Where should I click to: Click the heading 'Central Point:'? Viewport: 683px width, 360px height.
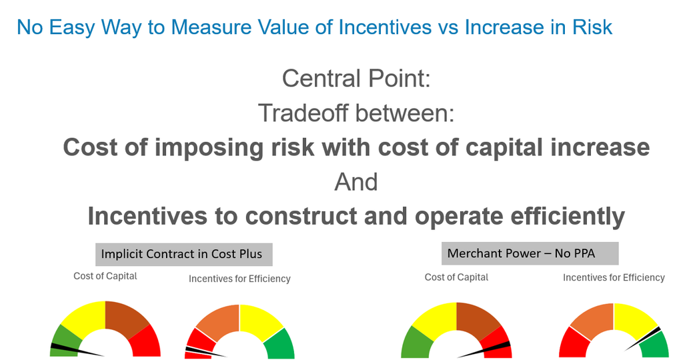coord(356,79)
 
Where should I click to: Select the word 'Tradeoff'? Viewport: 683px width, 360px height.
coord(303,113)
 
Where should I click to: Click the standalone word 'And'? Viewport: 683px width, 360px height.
coord(356,182)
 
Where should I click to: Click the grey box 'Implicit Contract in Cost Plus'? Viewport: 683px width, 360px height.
coord(184,254)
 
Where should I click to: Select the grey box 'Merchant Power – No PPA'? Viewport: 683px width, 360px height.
coord(530,253)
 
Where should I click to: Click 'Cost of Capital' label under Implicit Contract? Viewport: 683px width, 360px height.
coord(105,276)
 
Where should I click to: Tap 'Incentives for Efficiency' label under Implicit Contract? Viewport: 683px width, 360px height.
coord(239,279)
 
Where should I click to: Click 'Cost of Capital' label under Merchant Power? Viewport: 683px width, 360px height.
coord(456,277)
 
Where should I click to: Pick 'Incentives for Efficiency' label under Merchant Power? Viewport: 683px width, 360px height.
coord(614,278)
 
